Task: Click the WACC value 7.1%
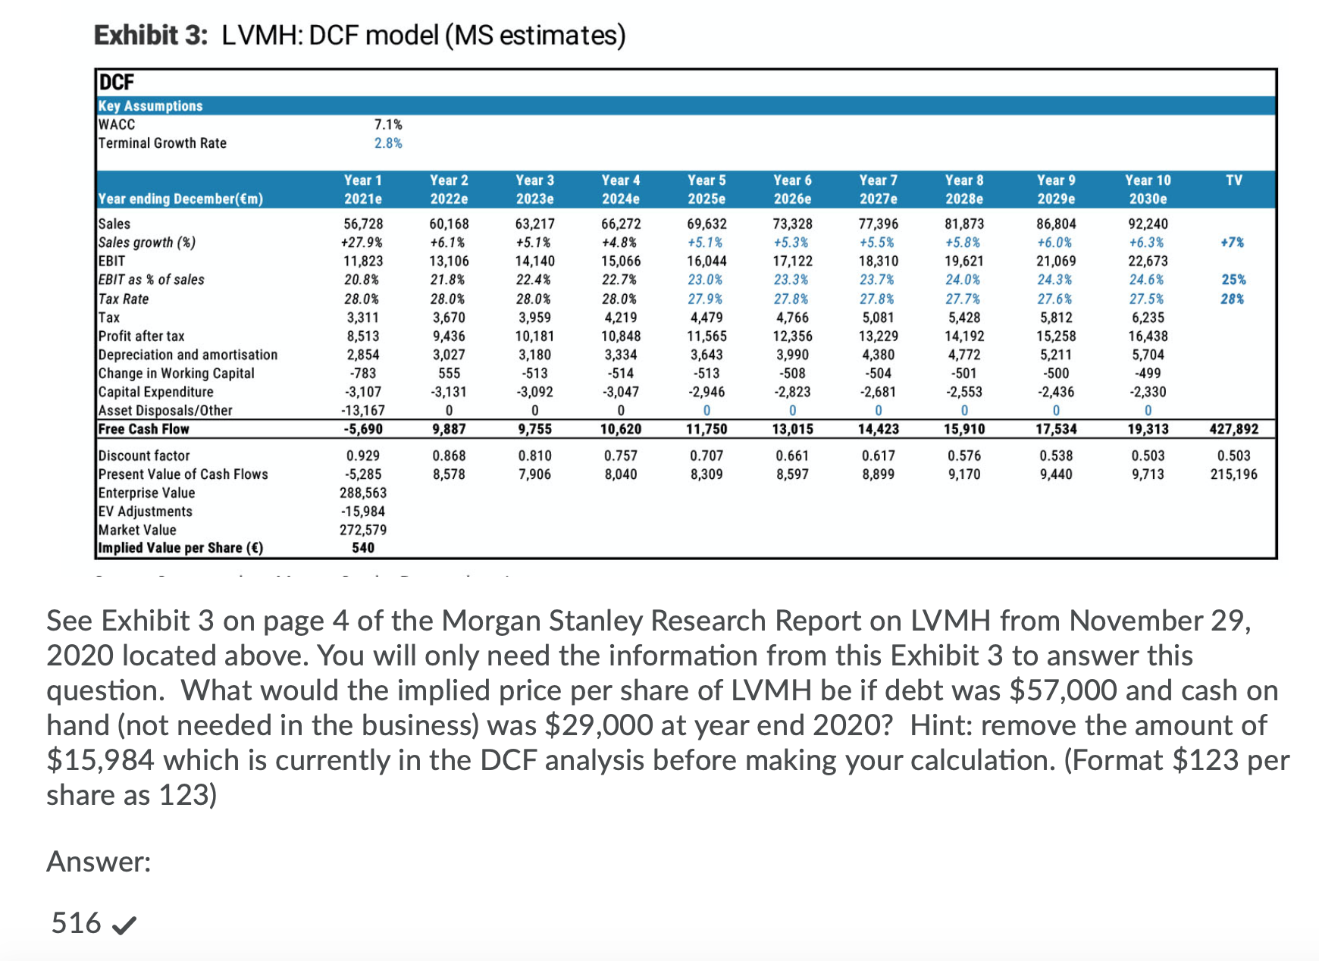(x=388, y=124)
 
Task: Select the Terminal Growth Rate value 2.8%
(x=388, y=143)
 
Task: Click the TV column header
(x=1233, y=180)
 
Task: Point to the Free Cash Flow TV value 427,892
(x=1233, y=429)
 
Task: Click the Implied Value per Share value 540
(x=363, y=547)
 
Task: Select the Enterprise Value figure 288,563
(x=363, y=493)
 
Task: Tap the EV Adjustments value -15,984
(x=363, y=512)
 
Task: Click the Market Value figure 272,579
(x=363, y=530)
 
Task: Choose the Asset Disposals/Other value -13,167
(x=363, y=410)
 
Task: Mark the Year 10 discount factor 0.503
(x=1147, y=455)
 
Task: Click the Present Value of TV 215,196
(x=1233, y=474)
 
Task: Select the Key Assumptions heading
(x=150, y=106)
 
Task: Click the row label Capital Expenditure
(x=155, y=392)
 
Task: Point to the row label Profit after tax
(x=141, y=336)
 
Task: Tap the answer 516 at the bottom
(x=76, y=923)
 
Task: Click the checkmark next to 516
(x=124, y=925)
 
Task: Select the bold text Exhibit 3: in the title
(x=150, y=36)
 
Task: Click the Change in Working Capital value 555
(x=449, y=373)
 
